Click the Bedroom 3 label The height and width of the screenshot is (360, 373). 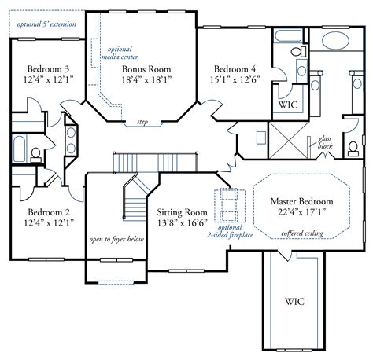coord(48,69)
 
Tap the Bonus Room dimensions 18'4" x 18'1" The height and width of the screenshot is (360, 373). coord(146,79)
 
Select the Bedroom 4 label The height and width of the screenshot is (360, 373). coord(235,69)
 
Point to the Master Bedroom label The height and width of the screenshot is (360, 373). coord(302,201)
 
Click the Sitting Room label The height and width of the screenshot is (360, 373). coord(182,212)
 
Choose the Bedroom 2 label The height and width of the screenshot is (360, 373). coord(49,212)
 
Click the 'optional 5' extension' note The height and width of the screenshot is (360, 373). coord(46,24)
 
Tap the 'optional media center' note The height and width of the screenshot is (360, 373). coord(120,53)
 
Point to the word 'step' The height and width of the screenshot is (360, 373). coord(142,122)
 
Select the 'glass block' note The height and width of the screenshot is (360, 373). coord(325,142)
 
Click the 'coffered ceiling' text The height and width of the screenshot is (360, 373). coord(302,233)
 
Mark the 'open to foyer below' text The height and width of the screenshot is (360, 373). coord(116,240)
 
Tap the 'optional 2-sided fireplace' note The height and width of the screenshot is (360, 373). coord(230,232)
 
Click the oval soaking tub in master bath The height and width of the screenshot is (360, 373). coord(335,42)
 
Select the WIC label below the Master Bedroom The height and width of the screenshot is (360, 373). coord(294,302)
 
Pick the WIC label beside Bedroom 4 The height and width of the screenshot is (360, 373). coord(288,105)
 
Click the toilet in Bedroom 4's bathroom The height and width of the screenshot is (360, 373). coord(299,51)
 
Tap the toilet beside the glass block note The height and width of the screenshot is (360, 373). coord(353,149)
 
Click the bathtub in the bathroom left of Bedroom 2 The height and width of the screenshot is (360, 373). coord(19,149)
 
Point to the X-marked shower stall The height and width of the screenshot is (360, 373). coord(288,141)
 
